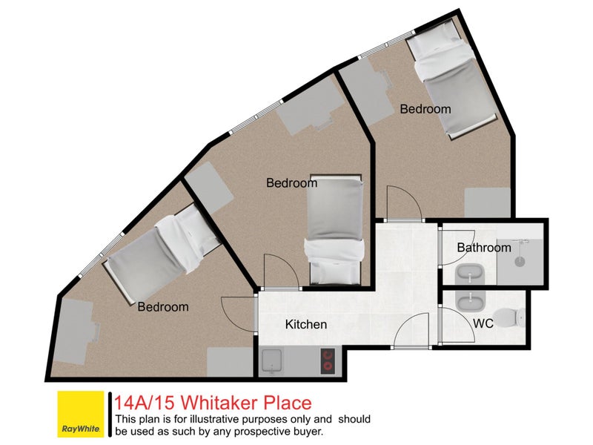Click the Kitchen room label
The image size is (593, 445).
[x=306, y=324]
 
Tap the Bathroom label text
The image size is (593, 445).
[x=483, y=247]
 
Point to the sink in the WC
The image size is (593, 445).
[x=467, y=302]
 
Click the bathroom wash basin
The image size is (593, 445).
[x=468, y=273]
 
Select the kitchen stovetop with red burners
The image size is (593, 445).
[x=327, y=361]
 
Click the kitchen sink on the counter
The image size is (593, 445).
[x=271, y=361]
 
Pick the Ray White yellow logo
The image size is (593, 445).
[x=81, y=415]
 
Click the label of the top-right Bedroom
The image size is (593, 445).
[x=425, y=109]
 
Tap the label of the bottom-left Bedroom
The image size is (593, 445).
[x=163, y=306]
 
